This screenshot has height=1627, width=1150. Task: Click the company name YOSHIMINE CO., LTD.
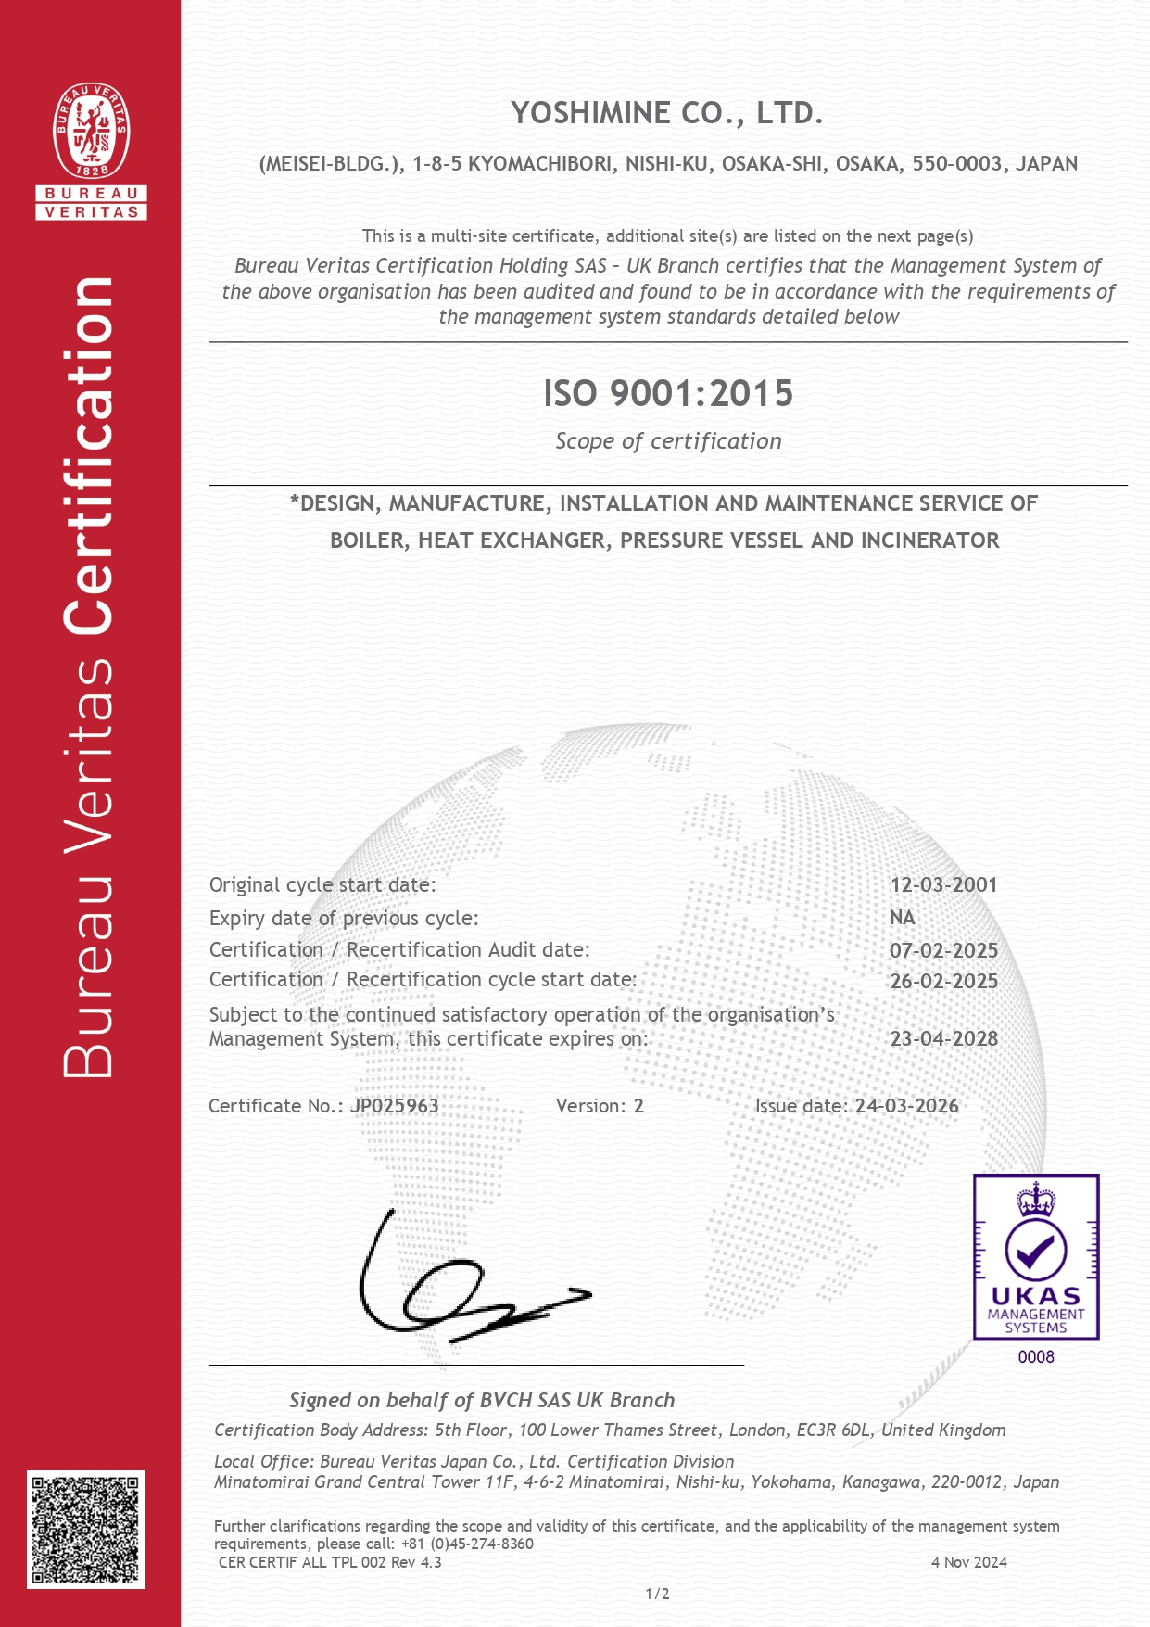pyautogui.click(x=667, y=113)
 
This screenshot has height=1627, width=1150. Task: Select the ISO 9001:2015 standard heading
pyautogui.click(x=668, y=393)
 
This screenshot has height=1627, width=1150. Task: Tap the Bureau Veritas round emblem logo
pyautogui.click(x=91, y=131)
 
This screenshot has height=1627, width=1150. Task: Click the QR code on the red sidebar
pyautogui.click(x=86, y=1529)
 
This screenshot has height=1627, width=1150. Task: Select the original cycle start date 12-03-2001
pyautogui.click(x=943, y=884)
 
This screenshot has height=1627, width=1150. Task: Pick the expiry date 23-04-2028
pyautogui.click(x=943, y=1038)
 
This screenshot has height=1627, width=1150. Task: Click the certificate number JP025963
pyautogui.click(x=395, y=1105)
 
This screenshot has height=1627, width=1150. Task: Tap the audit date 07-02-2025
pyautogui.click(x=943, y=950)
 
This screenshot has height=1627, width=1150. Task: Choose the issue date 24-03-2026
pyautogui.click(x=906, y=1105)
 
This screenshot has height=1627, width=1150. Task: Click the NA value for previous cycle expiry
pyautogui.click(x=902, y=918)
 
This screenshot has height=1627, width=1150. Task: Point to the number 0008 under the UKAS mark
pyautogui.click(x=1036, y=1356)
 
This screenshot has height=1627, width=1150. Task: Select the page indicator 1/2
pyautogui.click(x=657, y=1594)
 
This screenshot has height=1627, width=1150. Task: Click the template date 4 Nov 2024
pyautogui.click(x=968, y=1562)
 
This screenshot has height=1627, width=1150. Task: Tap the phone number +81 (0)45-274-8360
pyautogui.click(x=467, y=1544)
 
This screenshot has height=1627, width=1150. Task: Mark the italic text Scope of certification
pyautogui.click(x=668, y=441)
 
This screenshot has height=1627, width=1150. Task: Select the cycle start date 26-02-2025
pyautogui.click(x=943, y=981)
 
